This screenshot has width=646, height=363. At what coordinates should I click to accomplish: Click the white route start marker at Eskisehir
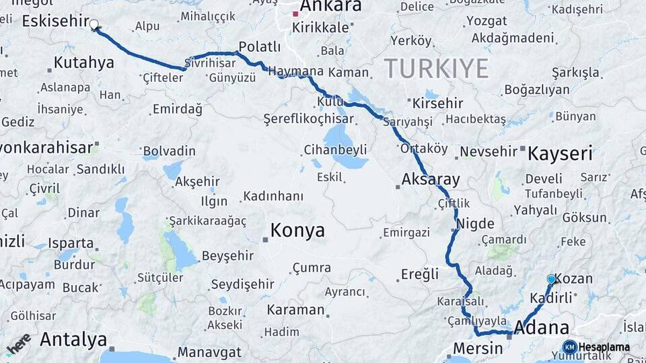click(x=94, y=25)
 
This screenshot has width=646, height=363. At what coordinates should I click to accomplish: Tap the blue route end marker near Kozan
click(x=552, y=279)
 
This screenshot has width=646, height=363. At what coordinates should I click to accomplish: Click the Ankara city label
click(x=330, y=7)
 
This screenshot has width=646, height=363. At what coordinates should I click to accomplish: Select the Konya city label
click(x=297, y=231)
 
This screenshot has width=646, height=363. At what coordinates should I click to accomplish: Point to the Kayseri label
click(x=560, y=153)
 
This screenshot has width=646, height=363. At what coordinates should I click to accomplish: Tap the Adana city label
click(x=542, y=328)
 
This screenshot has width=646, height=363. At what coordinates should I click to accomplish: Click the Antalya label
click(x=73, y=339)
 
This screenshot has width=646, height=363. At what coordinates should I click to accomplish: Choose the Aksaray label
click(x=431, y=179)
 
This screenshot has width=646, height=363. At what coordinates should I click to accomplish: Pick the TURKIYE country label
click(x=436, y=69)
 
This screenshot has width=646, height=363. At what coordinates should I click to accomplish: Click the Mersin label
click(x=478, y=348)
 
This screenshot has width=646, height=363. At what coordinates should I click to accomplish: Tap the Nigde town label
click(x=475, y=224)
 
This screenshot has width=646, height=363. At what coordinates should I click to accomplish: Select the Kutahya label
click(x=84, y=63)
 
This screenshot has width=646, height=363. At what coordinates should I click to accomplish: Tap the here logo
click(x=19, y=343)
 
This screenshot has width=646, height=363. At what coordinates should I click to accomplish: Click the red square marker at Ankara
click(x=295, y=13)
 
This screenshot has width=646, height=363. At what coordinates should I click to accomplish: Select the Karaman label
click(x=295, y=310)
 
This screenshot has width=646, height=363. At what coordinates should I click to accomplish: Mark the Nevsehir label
click(x=489, y=151)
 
